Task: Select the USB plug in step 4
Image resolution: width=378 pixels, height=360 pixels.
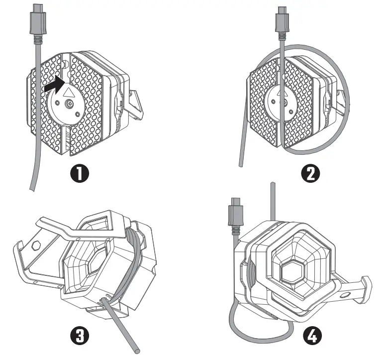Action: click(235, 212)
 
